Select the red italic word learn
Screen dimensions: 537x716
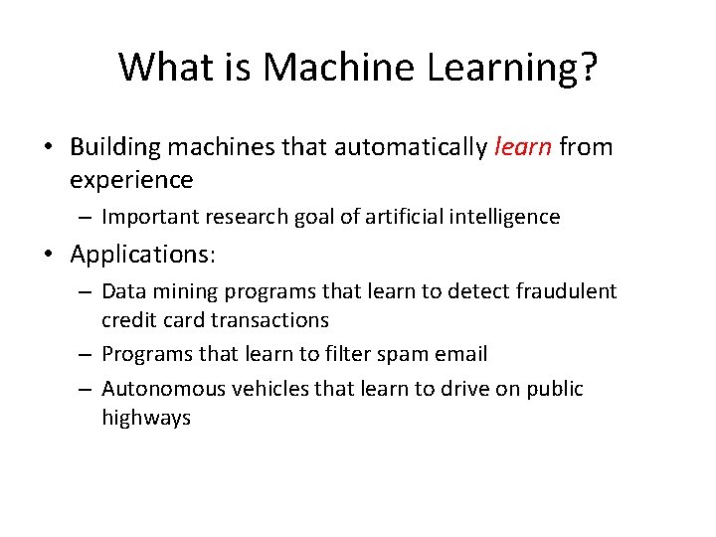[522, 147]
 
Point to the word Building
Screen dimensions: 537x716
[116, 147]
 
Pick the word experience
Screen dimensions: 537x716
[131, 180]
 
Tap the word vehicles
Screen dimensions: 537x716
[266, 388]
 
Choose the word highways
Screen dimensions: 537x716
[146, 417]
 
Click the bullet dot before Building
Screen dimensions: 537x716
[48, 148]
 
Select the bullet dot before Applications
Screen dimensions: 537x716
[48, 255]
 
